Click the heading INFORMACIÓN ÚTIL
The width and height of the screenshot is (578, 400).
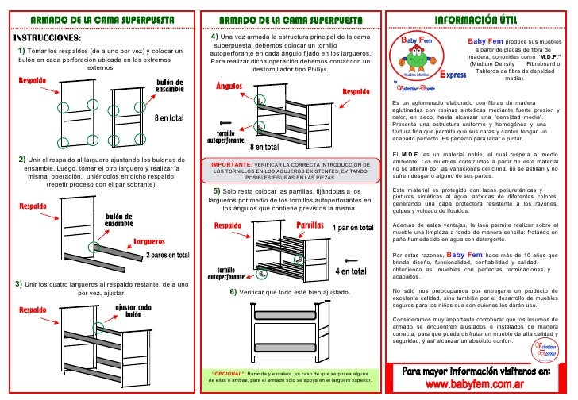[x=480, y=19]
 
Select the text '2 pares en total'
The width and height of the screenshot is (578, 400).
[x=168, y=255]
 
